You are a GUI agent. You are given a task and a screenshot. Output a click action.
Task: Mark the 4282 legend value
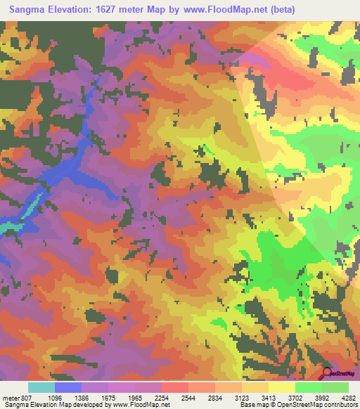pos(349,397)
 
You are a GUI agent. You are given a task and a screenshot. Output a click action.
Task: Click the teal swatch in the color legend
pos(41,387)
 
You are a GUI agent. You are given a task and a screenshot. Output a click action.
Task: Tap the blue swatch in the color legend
pos(68,387)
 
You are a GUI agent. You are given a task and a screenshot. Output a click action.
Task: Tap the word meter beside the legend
pos(8,397)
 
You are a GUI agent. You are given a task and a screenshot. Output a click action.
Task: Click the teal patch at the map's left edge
pos(6,228)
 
